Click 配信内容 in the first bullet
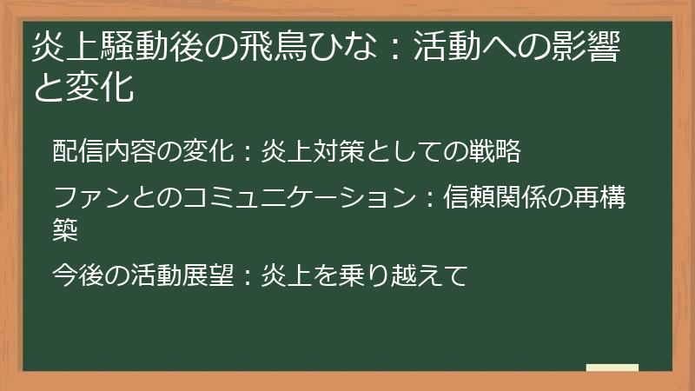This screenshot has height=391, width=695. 104,150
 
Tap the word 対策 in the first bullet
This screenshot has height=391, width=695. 339,150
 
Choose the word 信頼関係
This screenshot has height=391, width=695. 495,197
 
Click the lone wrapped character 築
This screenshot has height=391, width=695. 65,229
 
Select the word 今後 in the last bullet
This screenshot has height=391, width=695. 78,275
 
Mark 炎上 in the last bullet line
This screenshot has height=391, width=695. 287,275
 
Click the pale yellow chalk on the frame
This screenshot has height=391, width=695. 612,368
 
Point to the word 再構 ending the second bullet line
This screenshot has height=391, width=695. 599,197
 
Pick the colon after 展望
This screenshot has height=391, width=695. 248,275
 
